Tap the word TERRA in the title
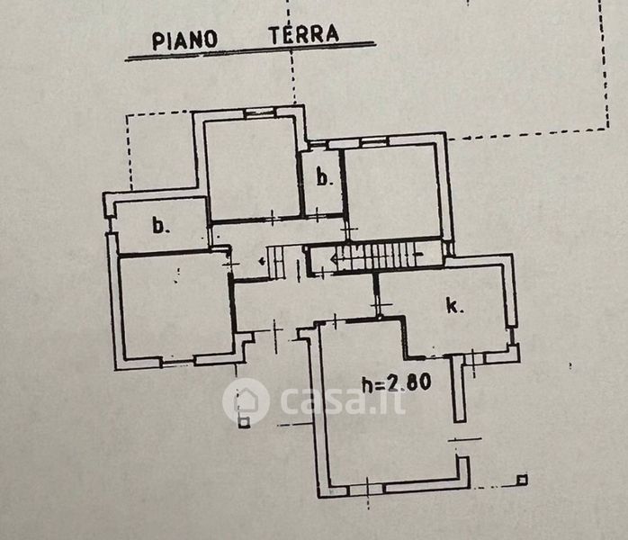[x=303, y=35]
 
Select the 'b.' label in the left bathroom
[x=160, y=226]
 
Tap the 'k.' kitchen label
[x=454, y=306]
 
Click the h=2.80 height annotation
[x=396, y=382]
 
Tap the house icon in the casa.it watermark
[x=246, y=400]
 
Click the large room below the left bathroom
[x=174, y=306]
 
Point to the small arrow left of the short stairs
[x=261, y=262]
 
